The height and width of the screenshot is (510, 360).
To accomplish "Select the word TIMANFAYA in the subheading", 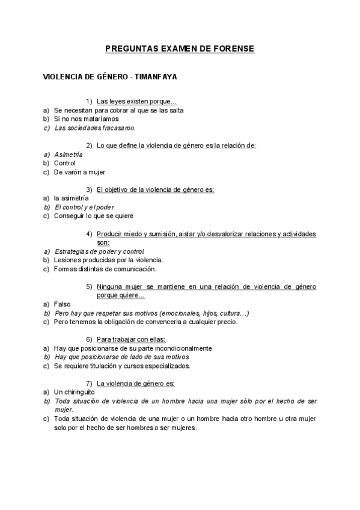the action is [x=156, y=77].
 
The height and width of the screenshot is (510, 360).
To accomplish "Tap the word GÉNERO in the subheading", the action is [x=108, y=77].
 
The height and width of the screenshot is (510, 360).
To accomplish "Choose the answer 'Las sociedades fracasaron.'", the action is [x=95, y=127].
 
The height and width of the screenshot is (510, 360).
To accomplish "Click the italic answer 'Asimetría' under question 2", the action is [x=69, y=154].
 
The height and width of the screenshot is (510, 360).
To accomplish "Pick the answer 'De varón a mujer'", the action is [x=79, y=172].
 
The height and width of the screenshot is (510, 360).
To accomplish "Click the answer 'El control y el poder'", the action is [x=84, y=207].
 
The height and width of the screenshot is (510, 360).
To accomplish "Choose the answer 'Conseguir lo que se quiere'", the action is [x=94, y=216].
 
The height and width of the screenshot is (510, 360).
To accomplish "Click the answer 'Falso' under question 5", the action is [x=63, y=304].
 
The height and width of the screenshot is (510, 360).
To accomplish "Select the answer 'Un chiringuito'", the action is [x=75, y=392].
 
